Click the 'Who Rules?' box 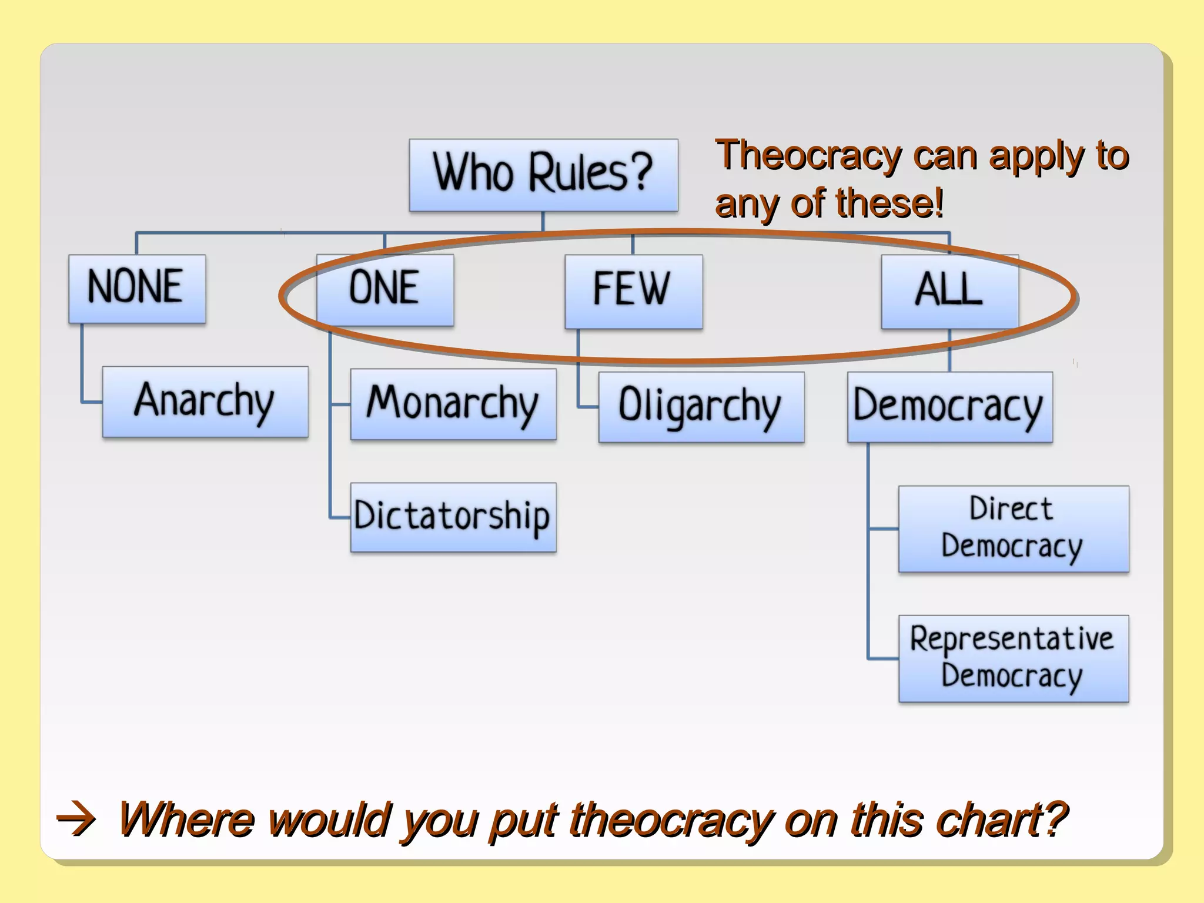[543, 175]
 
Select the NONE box [137, 288]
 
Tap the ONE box [385, 289]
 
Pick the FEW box [633, 290]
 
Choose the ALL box [949, 290]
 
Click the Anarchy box [205, 402]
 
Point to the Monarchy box [453, 404]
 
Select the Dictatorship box [453, 517]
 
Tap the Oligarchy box [701, 407]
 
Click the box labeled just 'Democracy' [949, 407]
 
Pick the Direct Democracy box [1014, 529]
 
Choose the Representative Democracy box [1014, 658]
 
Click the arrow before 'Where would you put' [75, 820]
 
